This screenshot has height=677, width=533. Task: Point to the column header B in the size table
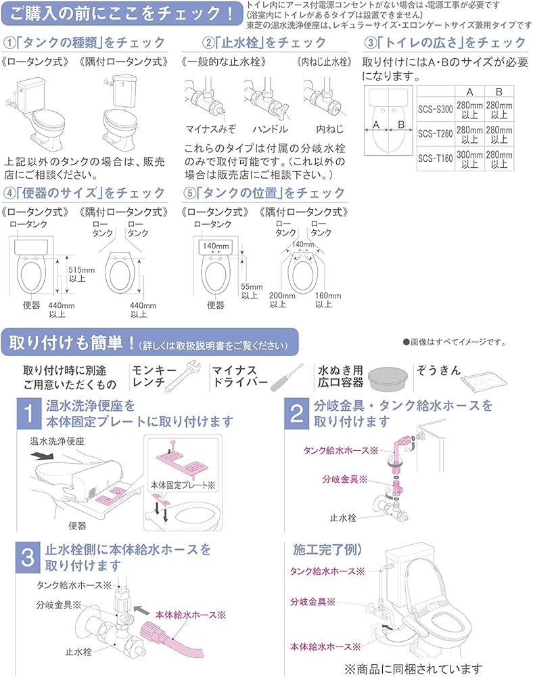[x=499, y=91]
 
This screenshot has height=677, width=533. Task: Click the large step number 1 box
[x=28, y=414]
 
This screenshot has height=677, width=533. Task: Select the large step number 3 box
[x=28, y=556]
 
